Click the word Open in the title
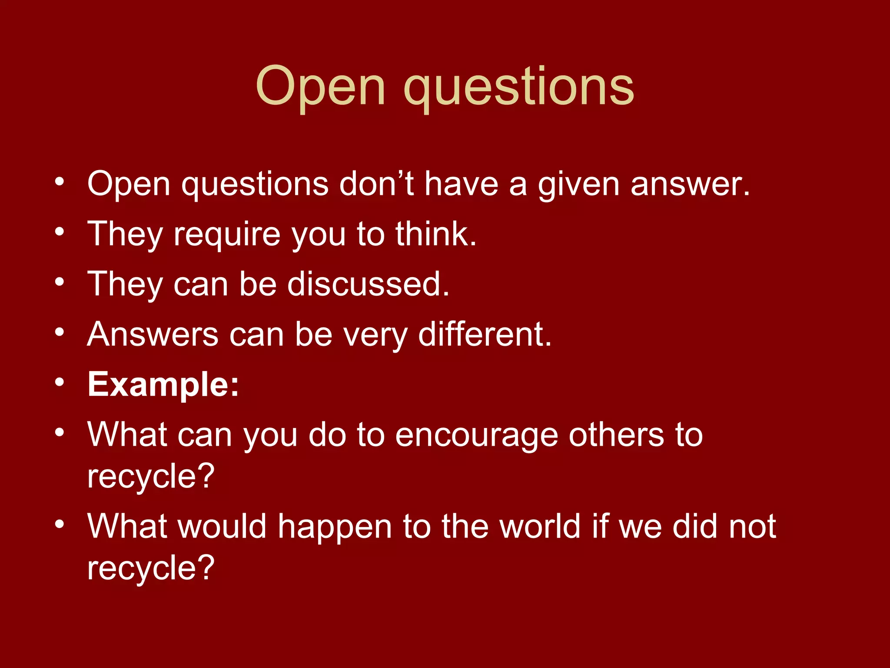(x=320, y=87)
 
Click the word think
(x=435, y=234)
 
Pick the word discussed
(x=368, y=284)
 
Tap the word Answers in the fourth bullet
(x=153, y=334)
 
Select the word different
(x=485, y=334)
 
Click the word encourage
(x=476, y=435)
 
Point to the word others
(x=616, y=435)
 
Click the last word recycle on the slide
(x=150, y=568)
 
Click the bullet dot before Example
(x=60, y=383)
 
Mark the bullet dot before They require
(x=60, y=232)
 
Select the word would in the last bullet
(x=222, y=526)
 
